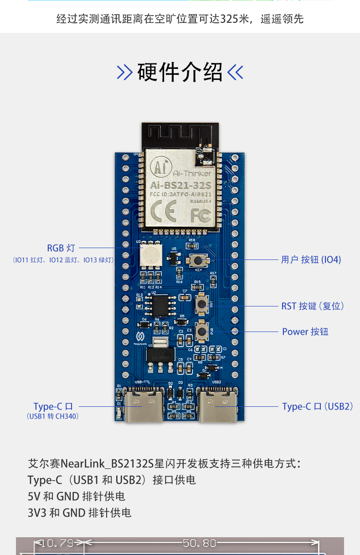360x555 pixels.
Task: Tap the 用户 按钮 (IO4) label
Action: [x=311, y=259]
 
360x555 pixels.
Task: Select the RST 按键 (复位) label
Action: [x=312, y=306]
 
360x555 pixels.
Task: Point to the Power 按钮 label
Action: [x=305, y=332]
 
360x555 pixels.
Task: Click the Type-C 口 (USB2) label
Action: [x=318, y=406]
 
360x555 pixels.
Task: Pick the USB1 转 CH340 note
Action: [x=52, y=416]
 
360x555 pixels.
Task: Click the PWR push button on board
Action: [x=201, y=331]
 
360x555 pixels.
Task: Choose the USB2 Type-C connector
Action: [x=220, y=404]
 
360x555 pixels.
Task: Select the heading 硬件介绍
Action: [x=180, y=72]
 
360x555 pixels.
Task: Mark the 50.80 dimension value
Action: [x=199, y=543]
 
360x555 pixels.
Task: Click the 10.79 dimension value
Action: [x=57, y=543]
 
